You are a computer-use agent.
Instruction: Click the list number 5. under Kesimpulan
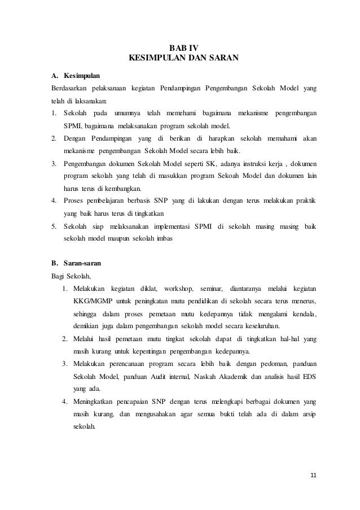54,226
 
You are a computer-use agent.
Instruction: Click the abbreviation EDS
310,376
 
